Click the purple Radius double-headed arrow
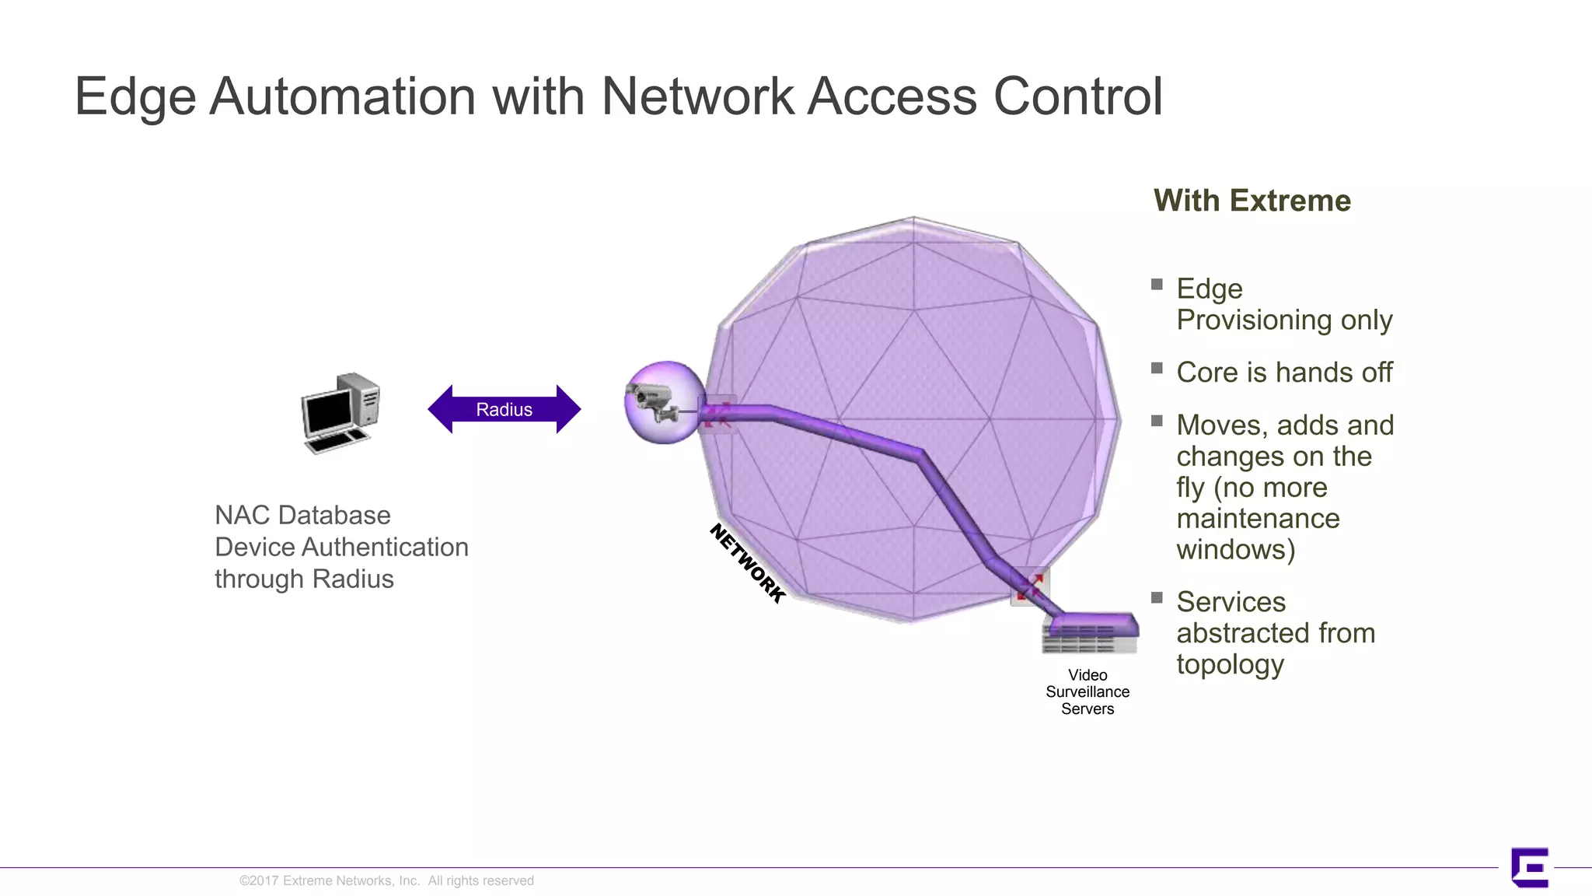tap(504, 409)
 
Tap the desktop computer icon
tap(340, 413)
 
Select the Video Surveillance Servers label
tap(1087, 691)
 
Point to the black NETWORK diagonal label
tap(747, 563)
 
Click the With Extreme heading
tap(1252, 201)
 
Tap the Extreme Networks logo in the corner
tap(1529, 867)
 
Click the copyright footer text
tap(386, 880)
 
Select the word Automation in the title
tap(342, 96)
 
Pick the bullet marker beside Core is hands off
tap(1157, 368)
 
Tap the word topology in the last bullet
tap(1230, 664)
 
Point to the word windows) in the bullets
tap(1235, 549)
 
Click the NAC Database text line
tap(302, 515)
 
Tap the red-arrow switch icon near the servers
tap(1030, 586)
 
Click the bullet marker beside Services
tap(1157, 597)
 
